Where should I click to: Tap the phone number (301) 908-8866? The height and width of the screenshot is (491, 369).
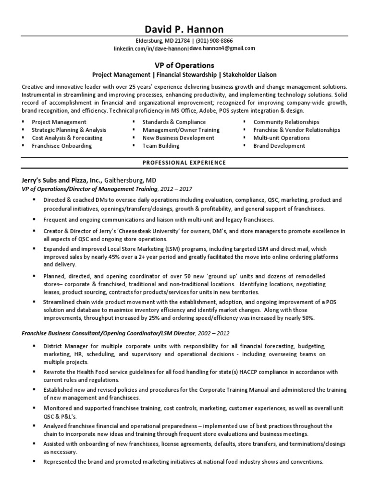[214, 41]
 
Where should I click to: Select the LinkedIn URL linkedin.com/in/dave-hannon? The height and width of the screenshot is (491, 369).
[150, 48]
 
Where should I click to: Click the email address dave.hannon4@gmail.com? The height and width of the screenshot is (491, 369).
[222, 48]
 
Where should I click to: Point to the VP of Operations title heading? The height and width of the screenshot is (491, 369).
[184, 65]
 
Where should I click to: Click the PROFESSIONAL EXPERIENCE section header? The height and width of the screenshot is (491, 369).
[184, 163]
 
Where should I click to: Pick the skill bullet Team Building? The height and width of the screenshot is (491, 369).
[161, 146]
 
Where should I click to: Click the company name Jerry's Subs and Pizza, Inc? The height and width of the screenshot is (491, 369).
[61, 180]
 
